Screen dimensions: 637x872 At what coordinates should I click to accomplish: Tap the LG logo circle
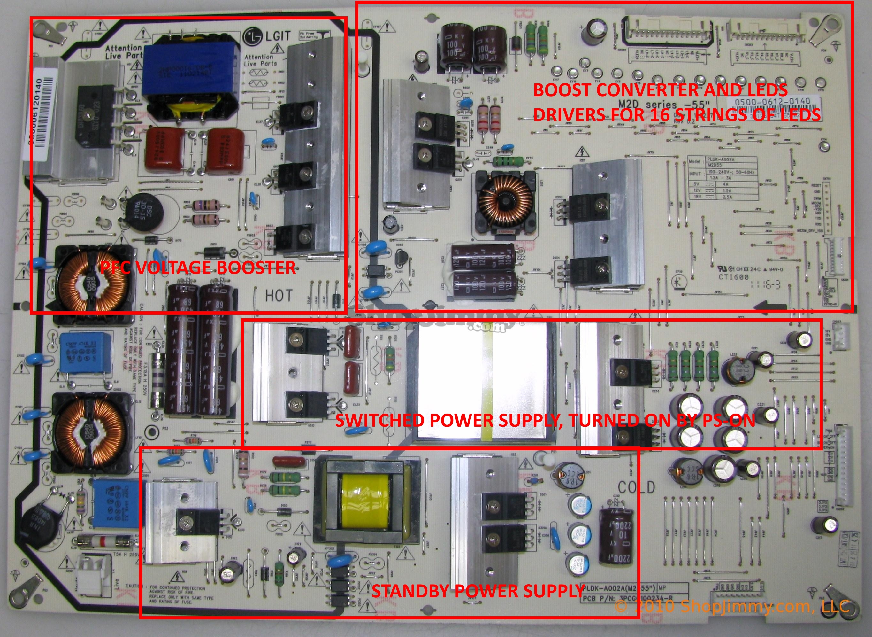[252, 36]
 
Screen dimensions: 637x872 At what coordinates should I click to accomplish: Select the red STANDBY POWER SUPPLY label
[478, 591]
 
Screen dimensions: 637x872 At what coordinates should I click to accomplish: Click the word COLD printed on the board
[636, 487]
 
